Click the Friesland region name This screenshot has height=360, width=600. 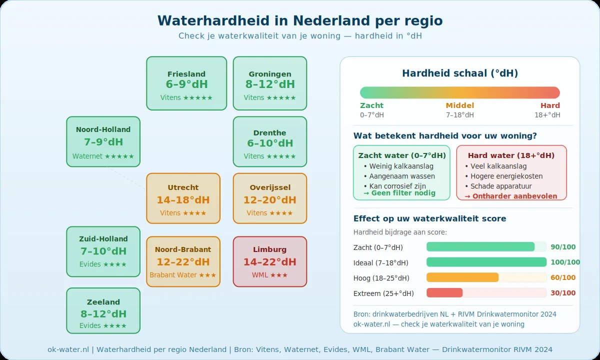click(x=186, y=74)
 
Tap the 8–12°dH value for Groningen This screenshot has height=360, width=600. click(x=270, y=84)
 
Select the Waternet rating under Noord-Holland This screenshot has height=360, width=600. click(x=103, y=156)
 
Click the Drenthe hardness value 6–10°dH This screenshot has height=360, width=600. click(x=270, y=143)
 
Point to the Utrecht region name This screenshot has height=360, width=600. click(x=183, y=187)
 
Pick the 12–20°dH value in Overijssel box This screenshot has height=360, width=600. click(x=270, y=200)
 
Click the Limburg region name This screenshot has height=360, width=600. click(x=270, y=249)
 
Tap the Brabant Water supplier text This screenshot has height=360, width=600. click(x=183, y=275)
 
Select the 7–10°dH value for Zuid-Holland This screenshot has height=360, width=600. click(x=103, y=251)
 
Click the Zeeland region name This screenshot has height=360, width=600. click(x=103, y=302)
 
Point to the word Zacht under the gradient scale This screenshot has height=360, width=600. click(x=371, y=105)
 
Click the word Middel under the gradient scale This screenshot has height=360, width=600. click(x=460, y=105)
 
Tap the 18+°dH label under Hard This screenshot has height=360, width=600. click(x=547, y=115)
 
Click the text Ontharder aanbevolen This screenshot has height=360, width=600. click(x=510, y=196)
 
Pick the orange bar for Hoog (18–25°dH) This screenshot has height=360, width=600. click(x=462, y=277)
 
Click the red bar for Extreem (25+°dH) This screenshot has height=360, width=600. click(x=444, y=293)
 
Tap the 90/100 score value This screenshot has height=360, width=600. click(x=563, y=247)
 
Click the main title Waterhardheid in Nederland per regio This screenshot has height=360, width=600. click(x=300, y=20)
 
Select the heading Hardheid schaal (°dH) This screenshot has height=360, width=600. click(x=460, y=73)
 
